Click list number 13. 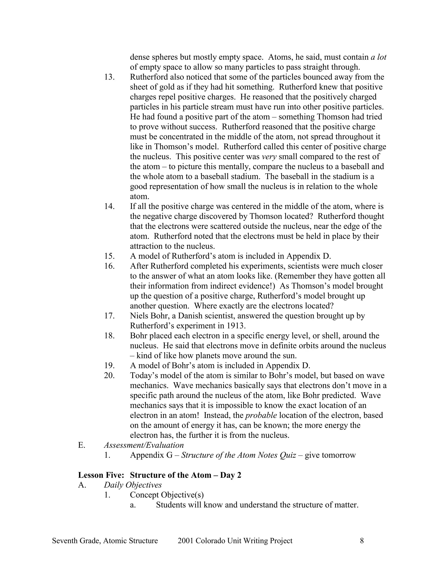(109, 77)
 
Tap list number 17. (109, 316)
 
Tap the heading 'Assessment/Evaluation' (144, 445)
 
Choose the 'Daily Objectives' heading (133, 485)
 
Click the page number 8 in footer (362, 540)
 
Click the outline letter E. (81, 445)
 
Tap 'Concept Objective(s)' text (167, 495)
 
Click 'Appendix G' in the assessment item (151, 455)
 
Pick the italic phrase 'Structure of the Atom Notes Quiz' (238, 455)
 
